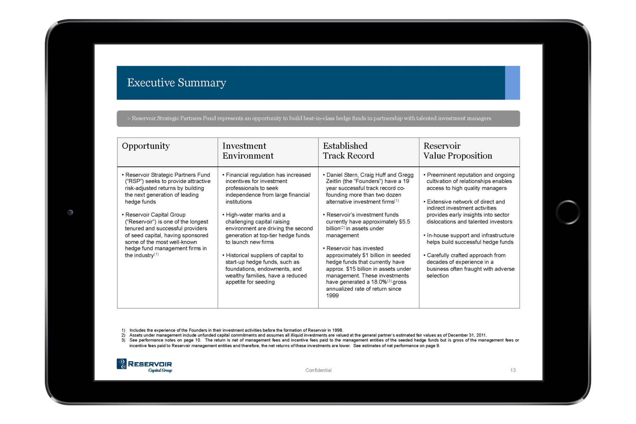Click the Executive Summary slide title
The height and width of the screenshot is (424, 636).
point(176,83)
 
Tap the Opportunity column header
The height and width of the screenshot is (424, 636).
point(146,146)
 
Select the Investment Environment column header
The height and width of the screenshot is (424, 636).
point(248,151)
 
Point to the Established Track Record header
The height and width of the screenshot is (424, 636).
point(348,151)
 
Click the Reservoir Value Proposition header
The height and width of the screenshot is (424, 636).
point(457,151)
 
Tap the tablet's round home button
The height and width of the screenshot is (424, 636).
point(568,212)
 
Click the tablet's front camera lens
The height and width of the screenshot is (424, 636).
point(70,212)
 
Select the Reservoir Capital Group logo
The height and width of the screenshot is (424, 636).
point(144,365)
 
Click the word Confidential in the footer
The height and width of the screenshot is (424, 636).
point(318,370)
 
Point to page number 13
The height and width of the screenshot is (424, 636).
point(513,370)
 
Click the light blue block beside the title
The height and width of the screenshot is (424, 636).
point(512,83)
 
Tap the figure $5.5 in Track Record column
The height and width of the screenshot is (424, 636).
point(404,222)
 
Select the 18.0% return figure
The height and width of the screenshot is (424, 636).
point(379,282)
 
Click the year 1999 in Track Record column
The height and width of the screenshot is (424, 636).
point(332,296)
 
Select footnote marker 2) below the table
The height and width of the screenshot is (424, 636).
point(123,335)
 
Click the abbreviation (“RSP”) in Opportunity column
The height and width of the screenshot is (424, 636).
point(134,181)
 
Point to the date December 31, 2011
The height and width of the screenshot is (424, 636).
point(467,335)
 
